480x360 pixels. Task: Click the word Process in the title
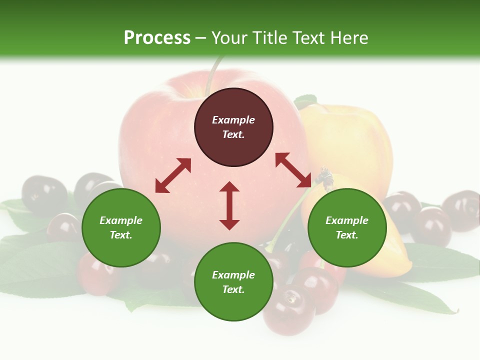click(157, 38)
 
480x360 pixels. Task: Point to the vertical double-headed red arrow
click(229, 206)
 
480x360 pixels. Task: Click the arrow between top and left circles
click(173, 175)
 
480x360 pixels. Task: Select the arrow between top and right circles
click(293, 170)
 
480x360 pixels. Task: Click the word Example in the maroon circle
click(233, 120)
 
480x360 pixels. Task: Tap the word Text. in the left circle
click(121, 235)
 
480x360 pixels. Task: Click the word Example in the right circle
click(347, 220)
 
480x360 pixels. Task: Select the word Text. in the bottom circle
click(233, 289)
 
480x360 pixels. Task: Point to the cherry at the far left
click(44, 194)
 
